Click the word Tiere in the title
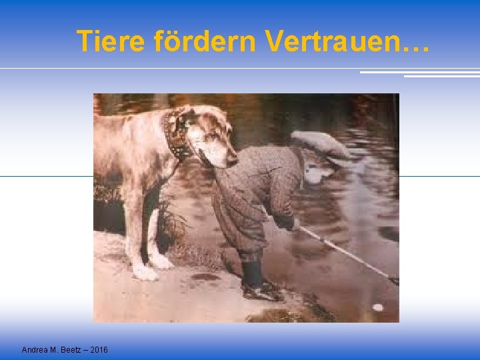pos(111,41)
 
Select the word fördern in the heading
pos(205,41)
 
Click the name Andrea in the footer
pos(35,350)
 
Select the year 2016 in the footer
pos(99,350)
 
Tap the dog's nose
pos(231,160)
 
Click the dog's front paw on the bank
pos(145,272)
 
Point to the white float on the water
pos(378,307)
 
